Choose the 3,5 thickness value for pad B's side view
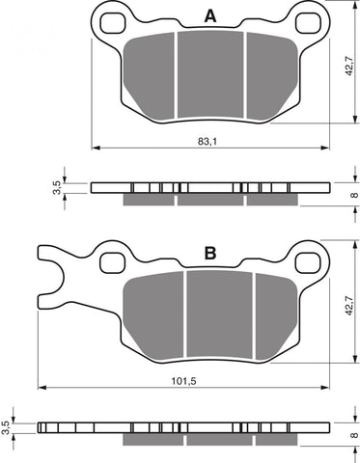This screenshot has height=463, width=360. [8, 425]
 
